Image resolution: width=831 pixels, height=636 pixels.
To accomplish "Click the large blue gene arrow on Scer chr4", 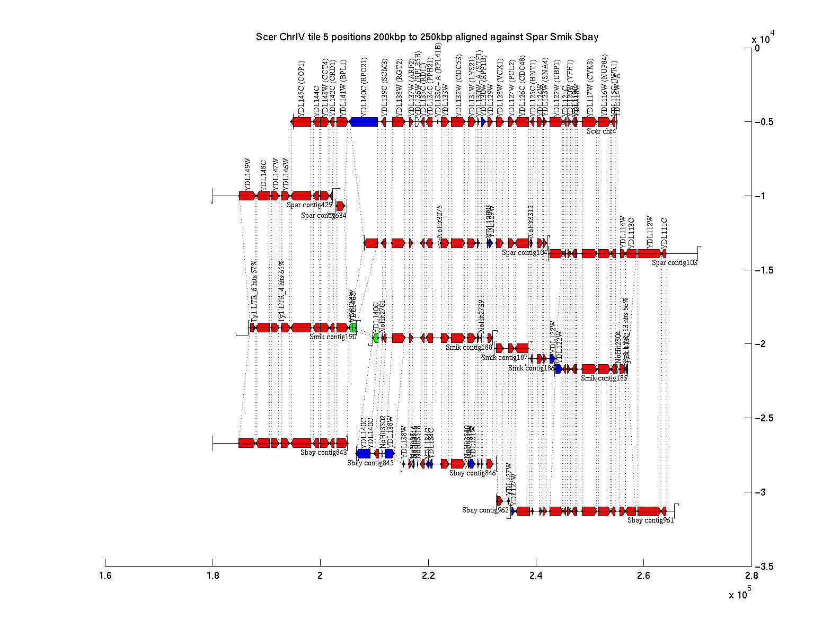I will pos(364,122).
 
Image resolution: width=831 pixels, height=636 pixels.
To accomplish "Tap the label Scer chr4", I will pos(601,131).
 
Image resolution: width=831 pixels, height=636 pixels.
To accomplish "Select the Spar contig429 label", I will pos(310,205).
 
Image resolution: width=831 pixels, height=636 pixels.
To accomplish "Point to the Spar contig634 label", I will pos(323,216).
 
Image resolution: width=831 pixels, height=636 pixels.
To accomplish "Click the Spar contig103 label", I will pos(674,262).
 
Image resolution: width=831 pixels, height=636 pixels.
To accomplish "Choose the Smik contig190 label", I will pos(333,336).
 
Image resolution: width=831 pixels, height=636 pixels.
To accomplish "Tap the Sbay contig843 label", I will pos(323,453).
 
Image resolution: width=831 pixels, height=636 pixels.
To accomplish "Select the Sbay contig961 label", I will pos(650,520).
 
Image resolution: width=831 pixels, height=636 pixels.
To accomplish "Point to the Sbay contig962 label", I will pos(485,510).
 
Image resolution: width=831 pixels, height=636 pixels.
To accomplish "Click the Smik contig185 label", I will pos(604,378).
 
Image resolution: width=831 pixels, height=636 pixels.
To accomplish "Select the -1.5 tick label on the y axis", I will pos(763,270).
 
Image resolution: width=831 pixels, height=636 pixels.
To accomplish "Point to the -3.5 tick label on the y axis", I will pos(763,567).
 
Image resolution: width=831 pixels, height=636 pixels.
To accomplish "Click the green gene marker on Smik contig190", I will pos(352,328).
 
